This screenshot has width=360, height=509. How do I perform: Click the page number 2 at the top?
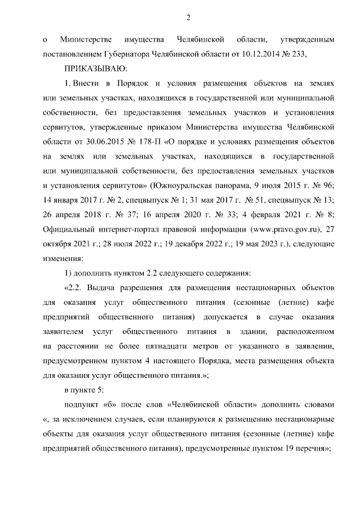click(189, 18)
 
